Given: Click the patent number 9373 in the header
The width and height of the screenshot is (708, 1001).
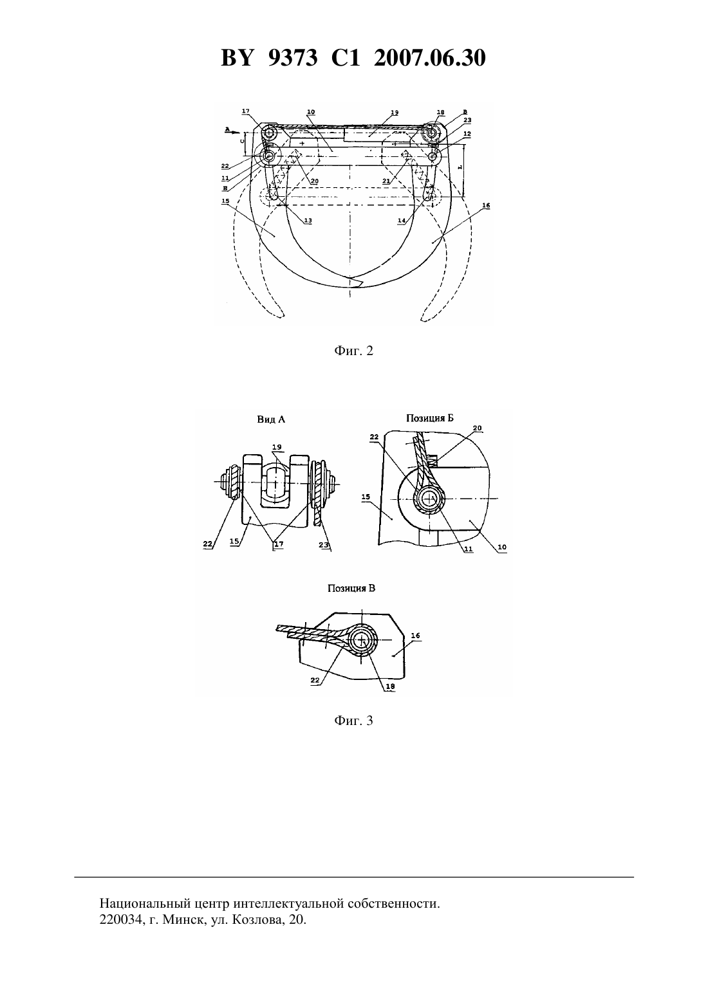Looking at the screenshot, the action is point(293,59).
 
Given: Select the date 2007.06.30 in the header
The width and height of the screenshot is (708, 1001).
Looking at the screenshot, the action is point(429,59).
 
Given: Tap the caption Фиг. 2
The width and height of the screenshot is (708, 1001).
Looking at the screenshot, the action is point(353,351).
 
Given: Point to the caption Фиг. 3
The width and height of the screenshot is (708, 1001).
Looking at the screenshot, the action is point(353,721).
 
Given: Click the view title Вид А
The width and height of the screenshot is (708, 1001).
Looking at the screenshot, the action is point(271,419).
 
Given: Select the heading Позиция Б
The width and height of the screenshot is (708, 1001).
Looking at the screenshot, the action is point(430,418).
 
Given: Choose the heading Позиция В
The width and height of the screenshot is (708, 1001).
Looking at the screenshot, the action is point(351,589).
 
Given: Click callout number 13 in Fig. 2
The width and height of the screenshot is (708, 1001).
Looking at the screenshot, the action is point(308,221).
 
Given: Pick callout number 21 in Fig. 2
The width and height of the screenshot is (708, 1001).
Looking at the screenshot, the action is point(386,181).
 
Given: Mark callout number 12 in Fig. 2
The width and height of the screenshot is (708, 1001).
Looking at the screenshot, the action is point(467,134).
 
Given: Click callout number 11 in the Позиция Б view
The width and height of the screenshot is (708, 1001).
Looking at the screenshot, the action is point(468,549).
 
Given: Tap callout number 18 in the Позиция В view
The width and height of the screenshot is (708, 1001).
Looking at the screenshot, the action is point(390,687).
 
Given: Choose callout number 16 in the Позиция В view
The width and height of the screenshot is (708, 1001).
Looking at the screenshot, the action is point(415,636).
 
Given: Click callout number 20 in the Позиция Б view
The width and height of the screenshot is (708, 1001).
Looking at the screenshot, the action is point(478,428).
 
